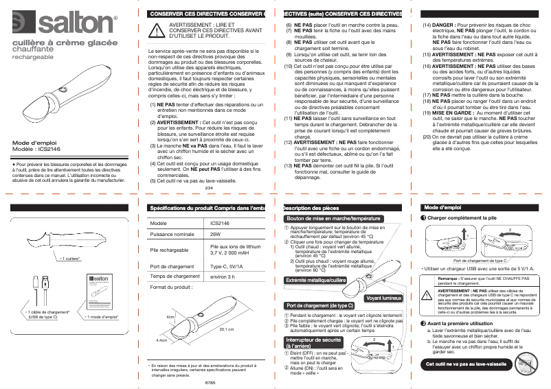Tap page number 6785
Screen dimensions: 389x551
point(210,381)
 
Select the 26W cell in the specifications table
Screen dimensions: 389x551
point(216,234)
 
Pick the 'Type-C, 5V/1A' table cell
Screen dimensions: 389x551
point(226,266)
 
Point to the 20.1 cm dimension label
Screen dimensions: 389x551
point(227,329)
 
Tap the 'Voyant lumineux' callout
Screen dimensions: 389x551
point(383,298)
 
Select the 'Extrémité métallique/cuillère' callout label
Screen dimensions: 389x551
point(315,280)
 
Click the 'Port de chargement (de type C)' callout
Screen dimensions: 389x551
point(319,305)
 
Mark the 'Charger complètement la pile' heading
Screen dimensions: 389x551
point(462,217)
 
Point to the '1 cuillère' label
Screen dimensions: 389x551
point(72,258)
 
